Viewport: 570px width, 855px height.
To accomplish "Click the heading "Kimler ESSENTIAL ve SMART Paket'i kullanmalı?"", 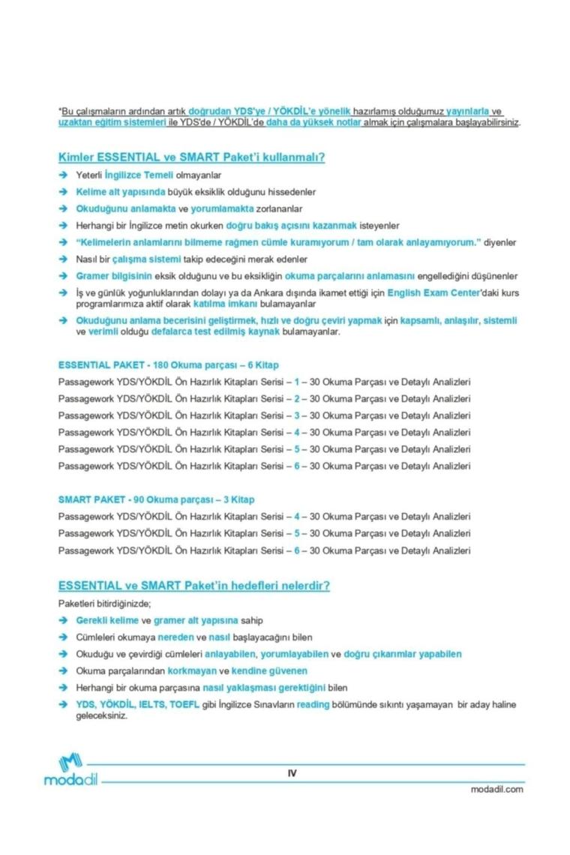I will (191, 157).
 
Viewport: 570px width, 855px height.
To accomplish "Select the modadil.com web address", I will (496, 789).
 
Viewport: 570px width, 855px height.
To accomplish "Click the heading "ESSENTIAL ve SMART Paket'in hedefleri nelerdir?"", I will (193, 586).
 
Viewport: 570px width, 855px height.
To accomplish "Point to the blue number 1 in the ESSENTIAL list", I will (297, 382).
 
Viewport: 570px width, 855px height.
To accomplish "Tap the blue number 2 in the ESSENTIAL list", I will (297, 398).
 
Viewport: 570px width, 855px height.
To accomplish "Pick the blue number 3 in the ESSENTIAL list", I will (297, 415).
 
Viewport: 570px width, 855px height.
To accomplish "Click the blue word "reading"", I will (313, 705).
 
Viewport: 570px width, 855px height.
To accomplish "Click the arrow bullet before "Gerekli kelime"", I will (64, 621).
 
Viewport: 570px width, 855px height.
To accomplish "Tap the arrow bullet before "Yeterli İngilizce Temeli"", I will (64, 175).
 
